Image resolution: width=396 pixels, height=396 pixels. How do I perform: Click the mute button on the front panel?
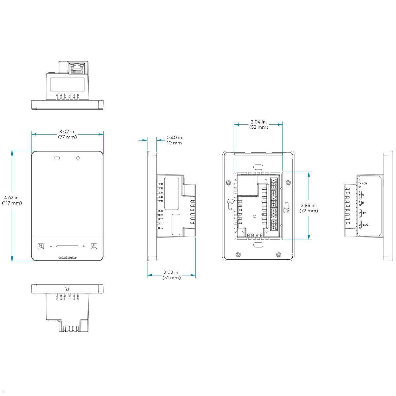[x=41, y=246]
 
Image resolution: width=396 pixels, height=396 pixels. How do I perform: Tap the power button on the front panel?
[x=94, y=246]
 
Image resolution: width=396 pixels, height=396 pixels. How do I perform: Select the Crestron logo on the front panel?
[x=67, y=258]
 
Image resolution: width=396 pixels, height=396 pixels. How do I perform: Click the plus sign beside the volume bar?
[x=84, y=246]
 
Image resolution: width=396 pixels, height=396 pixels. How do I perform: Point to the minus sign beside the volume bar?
[x=51, y=247]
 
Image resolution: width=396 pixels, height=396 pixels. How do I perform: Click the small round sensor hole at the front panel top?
[x=78, y=158]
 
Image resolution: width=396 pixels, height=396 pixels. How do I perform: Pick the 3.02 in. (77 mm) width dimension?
[x=68, y=134]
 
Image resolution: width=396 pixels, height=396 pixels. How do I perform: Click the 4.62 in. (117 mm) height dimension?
[x=12, y=200]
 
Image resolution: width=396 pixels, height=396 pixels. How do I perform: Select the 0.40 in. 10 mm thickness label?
[x=174, y=140]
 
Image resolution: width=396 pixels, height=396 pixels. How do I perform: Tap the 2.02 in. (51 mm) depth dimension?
[x=172, y=275]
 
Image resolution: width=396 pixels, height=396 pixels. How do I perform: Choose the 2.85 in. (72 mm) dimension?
[x=309, y=208]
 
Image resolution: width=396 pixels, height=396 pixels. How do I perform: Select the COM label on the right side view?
[x=364, y=183]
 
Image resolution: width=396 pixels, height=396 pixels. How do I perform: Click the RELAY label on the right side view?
[x=365, y=225]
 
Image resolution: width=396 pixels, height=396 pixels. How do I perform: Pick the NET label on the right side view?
[x=364, y=213]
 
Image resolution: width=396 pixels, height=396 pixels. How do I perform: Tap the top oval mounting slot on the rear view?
[x=258, y=167]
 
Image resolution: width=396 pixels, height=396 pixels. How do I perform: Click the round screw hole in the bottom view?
[x=68, y=289]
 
